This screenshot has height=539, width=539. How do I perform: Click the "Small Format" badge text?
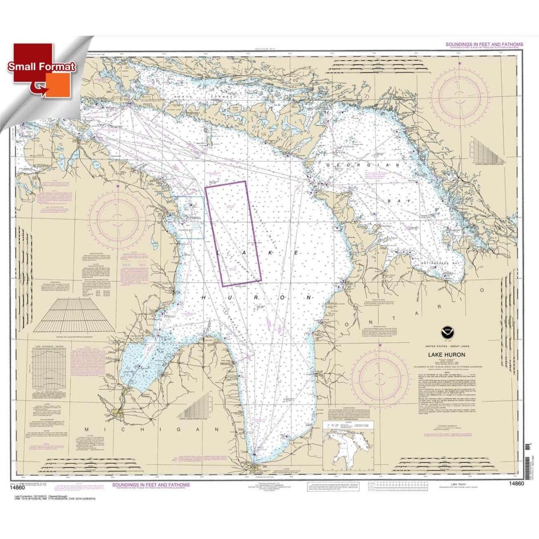tap(41, 67)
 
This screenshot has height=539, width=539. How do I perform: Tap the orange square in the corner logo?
tap(57, 84)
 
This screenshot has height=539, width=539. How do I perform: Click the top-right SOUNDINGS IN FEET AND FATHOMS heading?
tap(484, 44)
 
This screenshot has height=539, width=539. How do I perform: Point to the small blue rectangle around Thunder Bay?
tap(191, 217)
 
